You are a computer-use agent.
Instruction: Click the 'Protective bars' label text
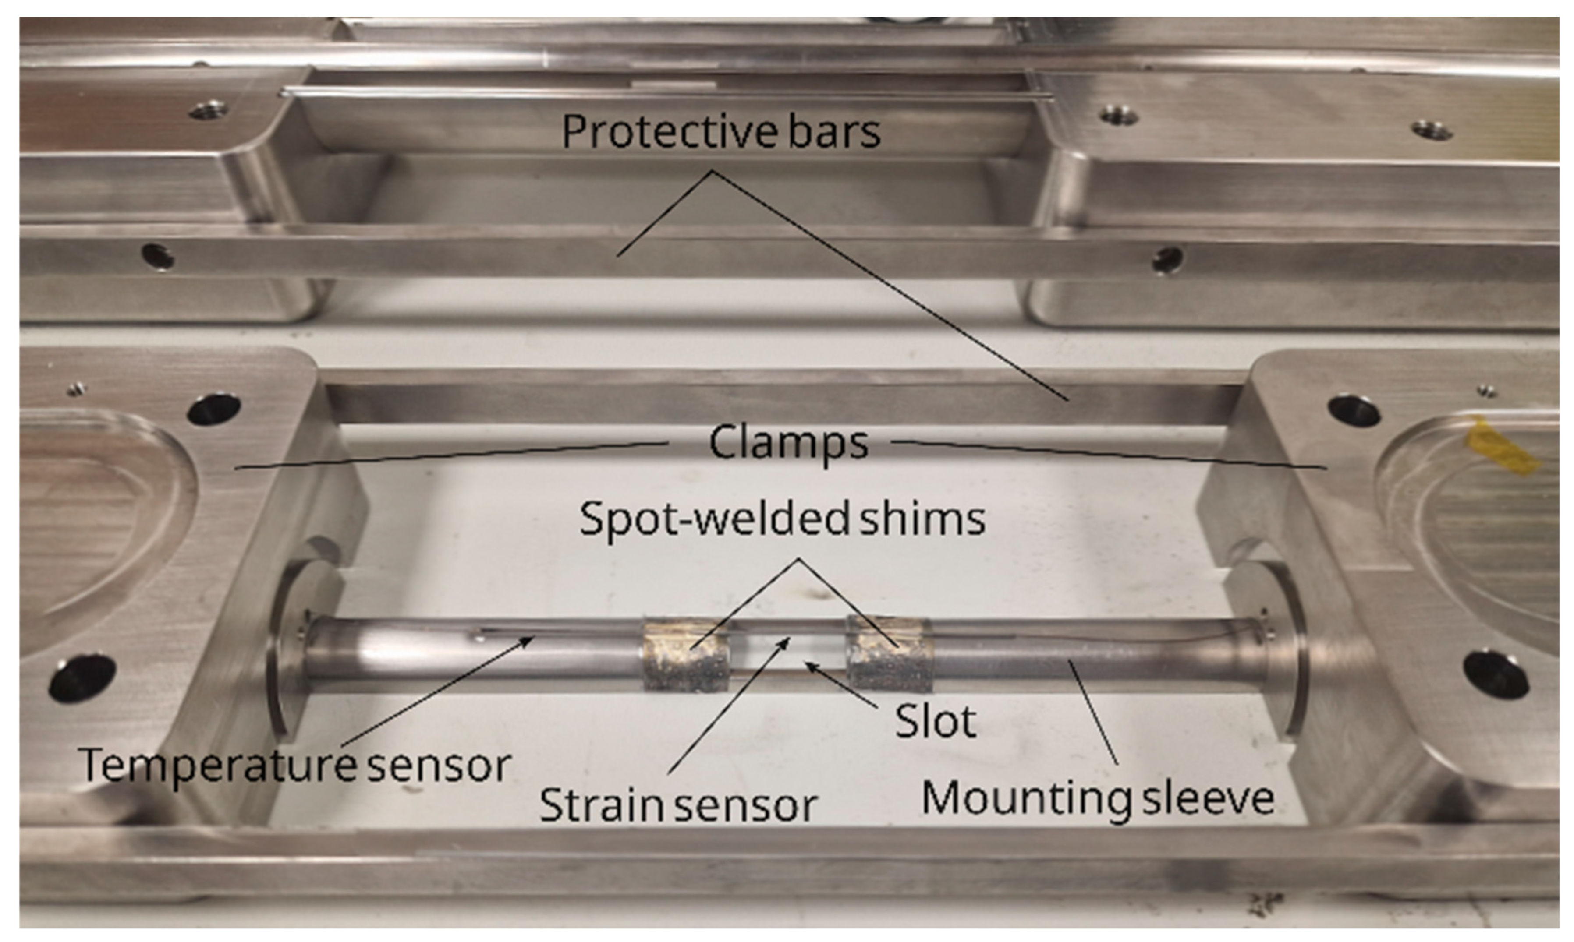[x=721, y=131]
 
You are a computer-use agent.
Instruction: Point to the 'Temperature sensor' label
[x=296, y=765]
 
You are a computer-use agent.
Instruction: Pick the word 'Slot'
[x=935, y=722]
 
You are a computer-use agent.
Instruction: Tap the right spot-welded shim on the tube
[x=889, y=654]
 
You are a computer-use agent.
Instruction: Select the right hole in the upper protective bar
[x=1167, y=259]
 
